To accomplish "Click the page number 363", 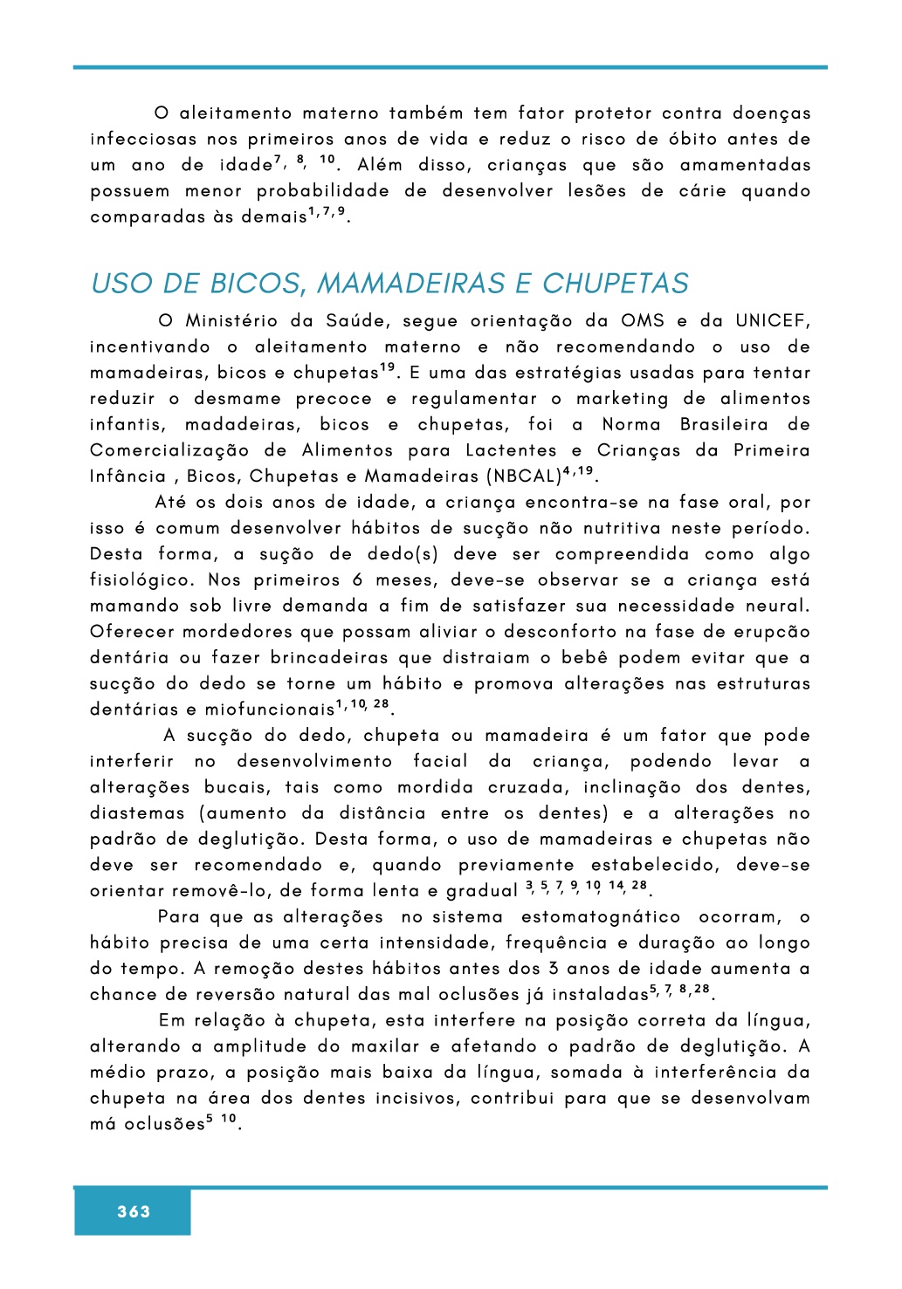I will (134, 1211).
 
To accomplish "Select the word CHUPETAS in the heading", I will (616, 284).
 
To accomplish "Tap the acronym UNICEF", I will (773, 321).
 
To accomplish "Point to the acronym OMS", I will (643, 321).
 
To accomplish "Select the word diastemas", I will (137, 813).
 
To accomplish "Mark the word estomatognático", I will (601, 917).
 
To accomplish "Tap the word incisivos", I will (417, 1099).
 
